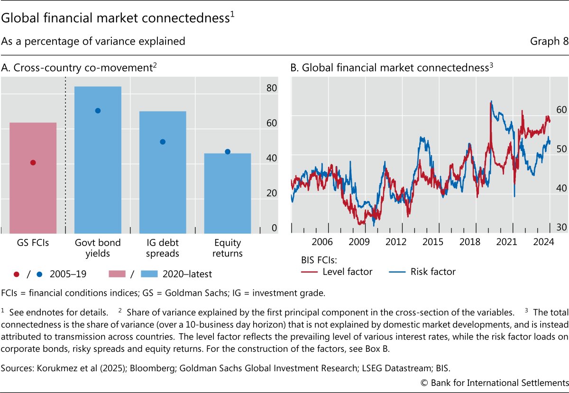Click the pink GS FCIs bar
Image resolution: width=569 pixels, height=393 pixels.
click(x=33, y=178)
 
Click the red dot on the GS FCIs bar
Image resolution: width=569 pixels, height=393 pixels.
click(x=33, y=163)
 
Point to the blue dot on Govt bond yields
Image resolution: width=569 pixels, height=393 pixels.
click(x=98, y=110)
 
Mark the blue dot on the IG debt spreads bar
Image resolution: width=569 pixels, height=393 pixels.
click(x=163, y=142)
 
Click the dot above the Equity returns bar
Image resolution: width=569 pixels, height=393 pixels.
click(x=227, y=152)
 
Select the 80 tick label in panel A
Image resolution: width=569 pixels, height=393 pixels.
click(x=272, y=88)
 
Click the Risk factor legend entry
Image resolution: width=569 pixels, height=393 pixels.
click(x=432, y=272)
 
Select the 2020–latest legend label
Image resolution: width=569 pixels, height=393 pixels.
click(x=187, y=274)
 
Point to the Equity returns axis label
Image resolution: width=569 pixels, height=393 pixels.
click(x=227, y=248)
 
